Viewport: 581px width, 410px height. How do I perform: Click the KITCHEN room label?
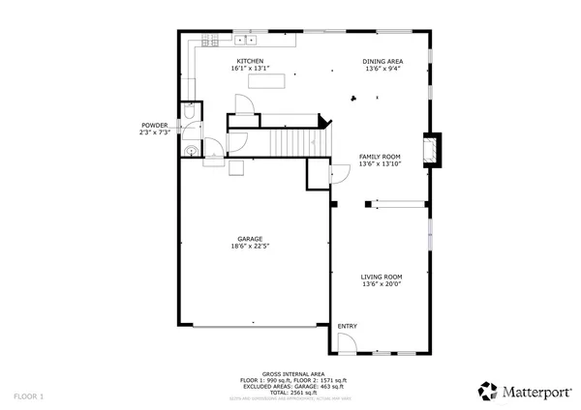tap(250, 61)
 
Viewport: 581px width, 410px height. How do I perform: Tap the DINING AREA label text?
tap(383, 61)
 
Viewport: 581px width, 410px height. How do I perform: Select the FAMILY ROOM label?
tap(381, 157)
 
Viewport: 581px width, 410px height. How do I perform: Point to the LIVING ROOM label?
tap(381, 277)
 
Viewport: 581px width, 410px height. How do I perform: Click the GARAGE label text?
tap(250, 239)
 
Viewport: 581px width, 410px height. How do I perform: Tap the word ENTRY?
tap(347, 326)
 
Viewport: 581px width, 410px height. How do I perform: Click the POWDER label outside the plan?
tap(154, 125)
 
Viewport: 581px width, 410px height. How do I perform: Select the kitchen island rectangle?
tap(267, 84)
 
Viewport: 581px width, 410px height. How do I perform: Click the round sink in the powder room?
tap(192, 150)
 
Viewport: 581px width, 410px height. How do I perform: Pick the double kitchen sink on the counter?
tap(246, 41)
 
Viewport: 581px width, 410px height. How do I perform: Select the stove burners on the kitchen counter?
tap(208, 41)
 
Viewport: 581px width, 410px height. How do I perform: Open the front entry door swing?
tap(347, 344)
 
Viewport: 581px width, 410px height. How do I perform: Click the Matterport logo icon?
tap(487, 391)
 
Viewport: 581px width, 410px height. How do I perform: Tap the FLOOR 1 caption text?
tap(28, 395)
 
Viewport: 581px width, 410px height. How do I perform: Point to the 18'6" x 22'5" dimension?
tap(250, 247)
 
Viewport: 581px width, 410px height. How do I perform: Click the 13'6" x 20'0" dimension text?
tap(381, 284)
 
